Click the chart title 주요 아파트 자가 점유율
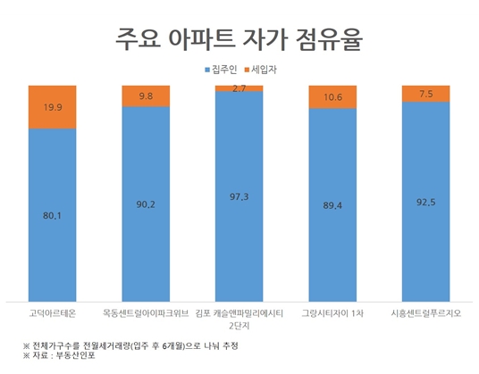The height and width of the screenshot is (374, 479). (239, 38)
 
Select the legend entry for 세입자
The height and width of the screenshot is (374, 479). (271, 70)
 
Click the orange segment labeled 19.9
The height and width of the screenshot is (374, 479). (59, 107)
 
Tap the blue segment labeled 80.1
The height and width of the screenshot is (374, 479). (59, 214)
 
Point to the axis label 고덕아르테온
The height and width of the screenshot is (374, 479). (59, 313)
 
